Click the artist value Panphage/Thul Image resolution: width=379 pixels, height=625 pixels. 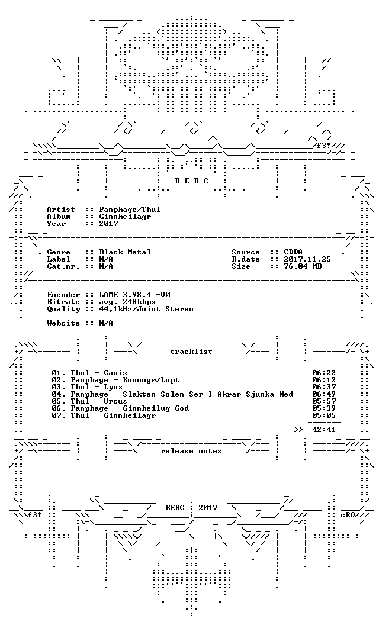tap(130, 210)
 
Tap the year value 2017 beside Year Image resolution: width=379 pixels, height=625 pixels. tap(108, 224)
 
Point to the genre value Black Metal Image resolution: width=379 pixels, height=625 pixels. tap(126, 252)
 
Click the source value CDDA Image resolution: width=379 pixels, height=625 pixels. tap(293, 252)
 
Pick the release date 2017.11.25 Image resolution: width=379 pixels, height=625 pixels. tap(307, 259)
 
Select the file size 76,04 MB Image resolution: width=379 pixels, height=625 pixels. tap(303, 267)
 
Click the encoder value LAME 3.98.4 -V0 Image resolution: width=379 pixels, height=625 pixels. tap(135, 295)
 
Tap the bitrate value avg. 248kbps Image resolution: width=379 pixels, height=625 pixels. tap(127, 302)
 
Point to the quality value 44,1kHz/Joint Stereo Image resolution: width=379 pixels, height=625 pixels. tap(146, 310)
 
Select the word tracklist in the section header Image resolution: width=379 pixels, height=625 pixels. tap(191, 352)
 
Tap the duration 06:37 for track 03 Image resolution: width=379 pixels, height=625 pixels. tap(324, 387)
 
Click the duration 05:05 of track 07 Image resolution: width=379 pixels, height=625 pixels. tap(324, 415)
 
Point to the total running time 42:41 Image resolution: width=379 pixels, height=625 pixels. tap(324, 430)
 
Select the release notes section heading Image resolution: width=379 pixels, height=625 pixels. tap(191, 451)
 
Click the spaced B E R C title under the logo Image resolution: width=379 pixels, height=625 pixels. tap(191, 181)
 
